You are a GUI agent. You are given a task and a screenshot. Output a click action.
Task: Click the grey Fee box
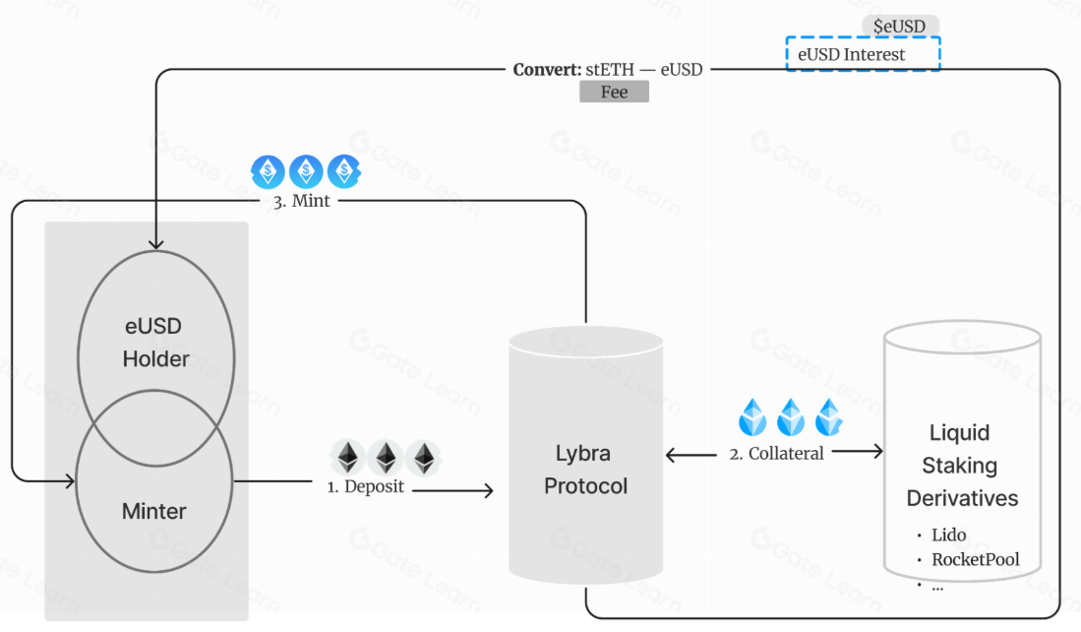(x=614, y=92)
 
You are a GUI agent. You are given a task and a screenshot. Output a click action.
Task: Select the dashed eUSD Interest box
(x=863, y=54)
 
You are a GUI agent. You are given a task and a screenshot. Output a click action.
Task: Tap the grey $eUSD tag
(x=900, y=26)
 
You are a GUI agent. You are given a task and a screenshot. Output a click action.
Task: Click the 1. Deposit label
(x=365, y=486)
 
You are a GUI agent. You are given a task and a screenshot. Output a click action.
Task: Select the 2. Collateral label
(x=776, y=454)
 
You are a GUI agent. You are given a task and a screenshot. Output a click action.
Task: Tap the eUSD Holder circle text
(x=155, y=343)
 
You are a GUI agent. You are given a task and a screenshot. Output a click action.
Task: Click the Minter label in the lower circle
(x=153, y=511)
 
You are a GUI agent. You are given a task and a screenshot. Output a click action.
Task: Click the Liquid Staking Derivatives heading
(x=961, y=466)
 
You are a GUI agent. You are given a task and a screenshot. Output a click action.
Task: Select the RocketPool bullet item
(x=975, y=560)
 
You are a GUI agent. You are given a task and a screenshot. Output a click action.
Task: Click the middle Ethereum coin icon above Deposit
(x=385, y=458)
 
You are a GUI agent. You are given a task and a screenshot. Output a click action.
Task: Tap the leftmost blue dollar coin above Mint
(x=268, y=171)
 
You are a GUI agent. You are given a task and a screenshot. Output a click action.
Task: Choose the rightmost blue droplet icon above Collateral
(x=829, y=417)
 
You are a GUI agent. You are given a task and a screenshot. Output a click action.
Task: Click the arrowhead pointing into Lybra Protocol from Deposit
(x=488, y=489)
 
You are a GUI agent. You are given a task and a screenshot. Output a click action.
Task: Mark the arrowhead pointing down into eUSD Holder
(x=155, y=243)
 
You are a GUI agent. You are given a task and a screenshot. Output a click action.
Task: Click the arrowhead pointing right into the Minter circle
(x=70, y=481)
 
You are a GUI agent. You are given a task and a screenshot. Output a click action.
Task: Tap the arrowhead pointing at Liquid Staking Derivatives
(x=877, y=452)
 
